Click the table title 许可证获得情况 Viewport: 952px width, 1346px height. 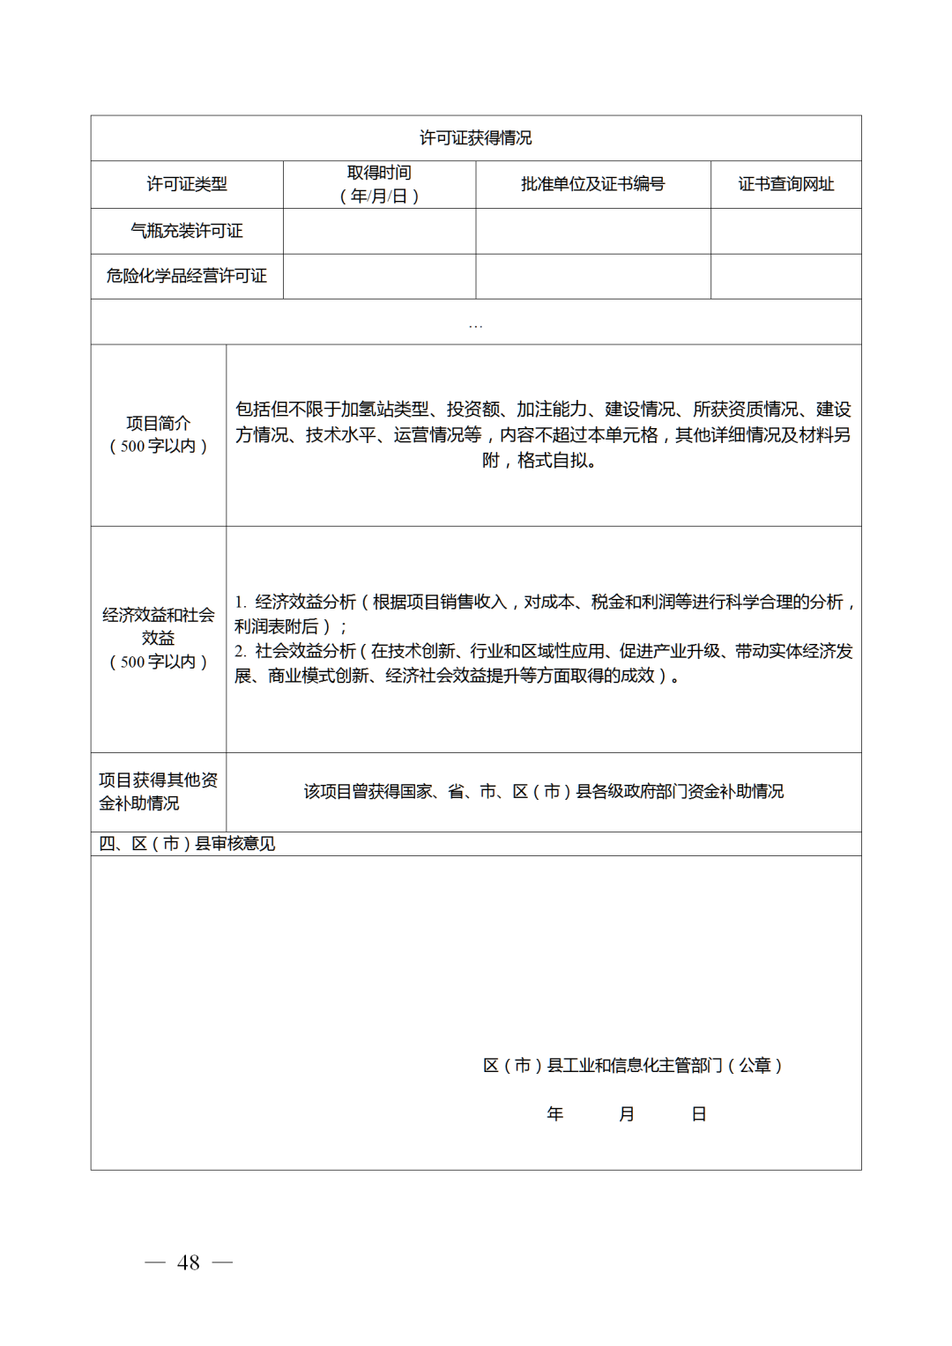(475, 138)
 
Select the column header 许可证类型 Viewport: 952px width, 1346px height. (187, 184)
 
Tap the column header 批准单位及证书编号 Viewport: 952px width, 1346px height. (592, 184)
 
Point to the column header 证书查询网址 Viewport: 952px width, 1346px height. (785, 184)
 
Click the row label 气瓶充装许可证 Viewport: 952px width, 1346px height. (187, 231)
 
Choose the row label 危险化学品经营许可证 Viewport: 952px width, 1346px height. (187, 276)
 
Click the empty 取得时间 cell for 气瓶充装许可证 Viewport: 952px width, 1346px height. (379, 231)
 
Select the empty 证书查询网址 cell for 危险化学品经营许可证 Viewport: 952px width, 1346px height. (785, 276)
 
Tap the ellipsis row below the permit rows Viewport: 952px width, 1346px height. (475, 323)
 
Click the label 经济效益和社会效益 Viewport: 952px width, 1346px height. (159, 626)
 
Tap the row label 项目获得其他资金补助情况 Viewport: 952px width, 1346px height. (159, 791)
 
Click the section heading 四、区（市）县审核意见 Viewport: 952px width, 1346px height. (187, 844)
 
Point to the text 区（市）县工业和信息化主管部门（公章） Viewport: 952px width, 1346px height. (633, 1066)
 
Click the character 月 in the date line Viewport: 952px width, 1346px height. (627, 1114)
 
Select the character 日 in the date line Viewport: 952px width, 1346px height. (699, 1114)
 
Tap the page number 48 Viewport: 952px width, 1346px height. (189, 1262)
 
